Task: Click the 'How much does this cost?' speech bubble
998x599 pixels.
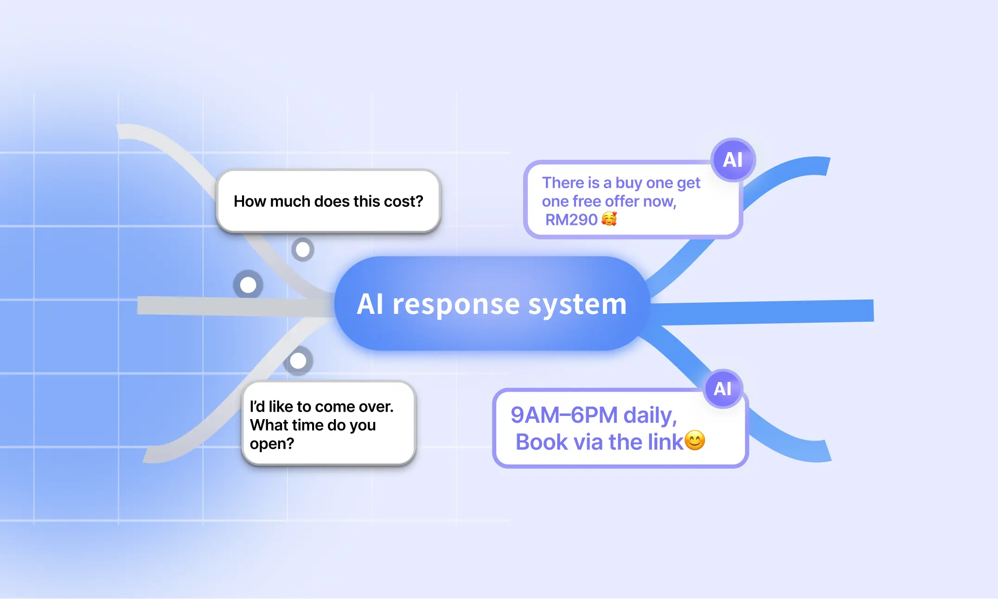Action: (328, 201)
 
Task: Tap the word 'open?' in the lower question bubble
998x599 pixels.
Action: (272, 444)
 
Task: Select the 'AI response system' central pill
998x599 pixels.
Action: (492, 304)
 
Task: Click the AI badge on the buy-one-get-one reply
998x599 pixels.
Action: (733, 160)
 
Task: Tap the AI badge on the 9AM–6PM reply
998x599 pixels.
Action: (723, 389)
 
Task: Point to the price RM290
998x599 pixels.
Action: (571, 220)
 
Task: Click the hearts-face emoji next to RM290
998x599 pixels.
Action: (609, 219)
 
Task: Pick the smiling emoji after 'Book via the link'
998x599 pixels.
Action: (695, 440)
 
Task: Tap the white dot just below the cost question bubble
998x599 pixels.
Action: (303, 250)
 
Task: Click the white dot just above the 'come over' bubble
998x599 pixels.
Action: (298, 361)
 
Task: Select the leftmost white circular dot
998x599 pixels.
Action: (248, 285)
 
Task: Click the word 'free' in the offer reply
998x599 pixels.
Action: (587, 201)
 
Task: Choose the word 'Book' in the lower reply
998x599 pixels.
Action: (542, 442)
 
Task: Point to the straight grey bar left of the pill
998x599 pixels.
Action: (232, 306)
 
